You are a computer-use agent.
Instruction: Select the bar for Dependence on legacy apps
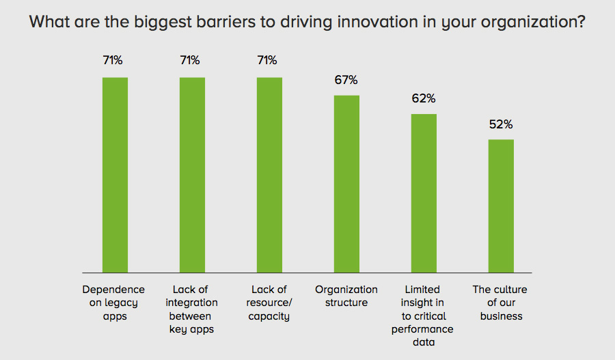115,175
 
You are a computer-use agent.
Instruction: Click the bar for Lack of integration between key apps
192,175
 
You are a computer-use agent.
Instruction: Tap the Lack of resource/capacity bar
269,175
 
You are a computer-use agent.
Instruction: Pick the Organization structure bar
346,184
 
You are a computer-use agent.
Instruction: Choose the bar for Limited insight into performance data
424,193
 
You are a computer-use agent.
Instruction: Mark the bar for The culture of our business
501,206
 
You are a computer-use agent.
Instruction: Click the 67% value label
346,80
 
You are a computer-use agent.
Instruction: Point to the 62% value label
424,98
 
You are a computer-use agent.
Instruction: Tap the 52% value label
501,124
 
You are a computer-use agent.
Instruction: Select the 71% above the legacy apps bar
113,61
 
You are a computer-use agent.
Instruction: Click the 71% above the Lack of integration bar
190,61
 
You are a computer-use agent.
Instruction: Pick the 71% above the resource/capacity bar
267,61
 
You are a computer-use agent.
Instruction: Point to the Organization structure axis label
346,296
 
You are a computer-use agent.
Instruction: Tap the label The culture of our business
501,303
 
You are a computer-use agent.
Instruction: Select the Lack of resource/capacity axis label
269,303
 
